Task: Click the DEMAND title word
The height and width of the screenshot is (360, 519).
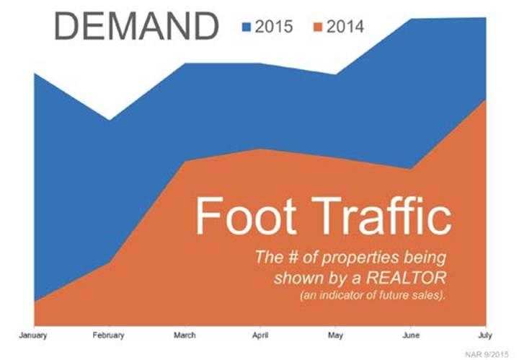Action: click(x=136, y=26)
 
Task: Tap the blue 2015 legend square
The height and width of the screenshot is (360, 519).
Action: click(x=247, y=27)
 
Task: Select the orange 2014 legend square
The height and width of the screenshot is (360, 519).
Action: click(x=318, y=27)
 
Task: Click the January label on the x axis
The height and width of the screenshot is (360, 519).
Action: click(x=33, y=335)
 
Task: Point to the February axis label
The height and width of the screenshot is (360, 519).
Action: click(x=109, y=335)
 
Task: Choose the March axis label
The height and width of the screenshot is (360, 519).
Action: click(x=185, y=335)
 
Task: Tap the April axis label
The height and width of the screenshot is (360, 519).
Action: click(x=260, y=335)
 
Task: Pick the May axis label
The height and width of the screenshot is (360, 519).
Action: click(x=336, y=335)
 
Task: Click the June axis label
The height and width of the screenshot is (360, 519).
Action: click(x=411, y=335)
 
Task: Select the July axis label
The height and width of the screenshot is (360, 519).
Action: click(x=486, y=335)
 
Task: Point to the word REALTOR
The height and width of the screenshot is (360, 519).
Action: click(x=407, y=278)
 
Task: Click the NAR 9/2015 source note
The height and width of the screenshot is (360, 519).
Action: click(x=487, y=355)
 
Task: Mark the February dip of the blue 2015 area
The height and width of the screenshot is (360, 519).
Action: click(x=110, y=120)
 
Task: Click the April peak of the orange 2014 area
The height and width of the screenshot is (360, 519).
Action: click(x=260, y=149)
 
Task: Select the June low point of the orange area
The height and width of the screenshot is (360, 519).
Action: click(x=411, y=170)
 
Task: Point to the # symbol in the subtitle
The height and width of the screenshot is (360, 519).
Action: click(x=293, y=258)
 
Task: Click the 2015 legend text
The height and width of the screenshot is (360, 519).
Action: click(x=274, y=27)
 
